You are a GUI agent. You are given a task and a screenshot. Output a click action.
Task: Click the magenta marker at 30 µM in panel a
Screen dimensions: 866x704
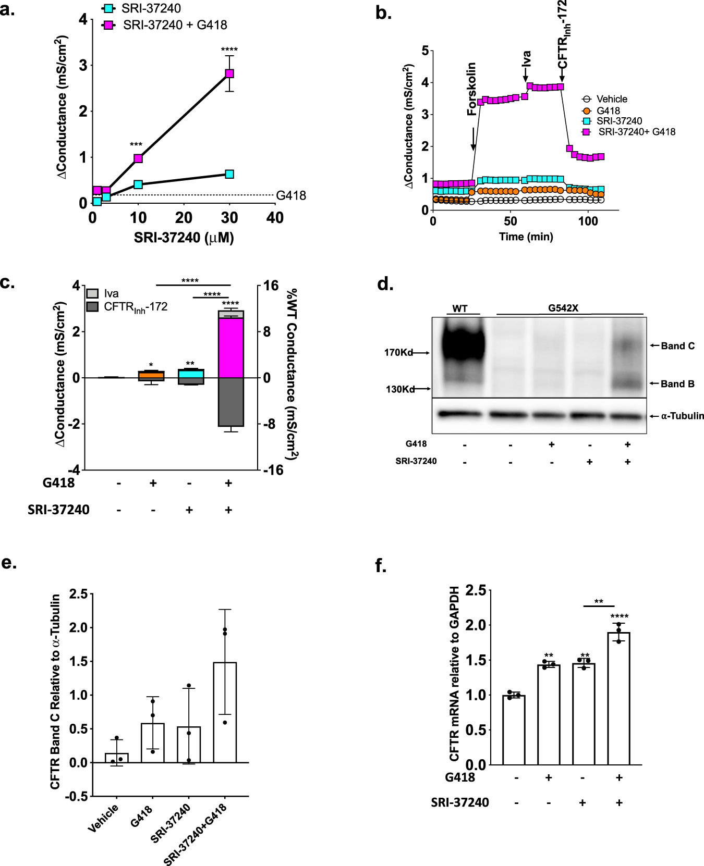[229, 73]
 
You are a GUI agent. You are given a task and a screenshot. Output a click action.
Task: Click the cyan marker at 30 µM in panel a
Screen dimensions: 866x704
[229, 174]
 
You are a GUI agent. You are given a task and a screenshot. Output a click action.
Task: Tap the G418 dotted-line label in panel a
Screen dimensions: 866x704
[291, 195]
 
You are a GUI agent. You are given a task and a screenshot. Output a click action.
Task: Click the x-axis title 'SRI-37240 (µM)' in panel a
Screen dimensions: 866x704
[184, 238]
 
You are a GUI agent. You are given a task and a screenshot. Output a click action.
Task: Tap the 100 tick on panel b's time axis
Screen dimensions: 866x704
[588, 221]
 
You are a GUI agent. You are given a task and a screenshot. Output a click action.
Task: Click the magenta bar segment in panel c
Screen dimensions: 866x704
[231, 348]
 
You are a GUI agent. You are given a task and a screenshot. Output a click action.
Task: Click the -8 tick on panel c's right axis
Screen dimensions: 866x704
[270, 424]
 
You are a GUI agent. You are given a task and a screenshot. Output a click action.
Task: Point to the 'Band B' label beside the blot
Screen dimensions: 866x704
[677, 384]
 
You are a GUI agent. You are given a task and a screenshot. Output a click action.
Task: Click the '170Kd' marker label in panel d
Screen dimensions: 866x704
[398, 353]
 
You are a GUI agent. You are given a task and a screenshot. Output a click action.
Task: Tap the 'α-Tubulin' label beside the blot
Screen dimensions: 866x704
[682, 416]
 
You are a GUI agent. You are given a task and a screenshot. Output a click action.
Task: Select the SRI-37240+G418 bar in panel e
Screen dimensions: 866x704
[225, 712]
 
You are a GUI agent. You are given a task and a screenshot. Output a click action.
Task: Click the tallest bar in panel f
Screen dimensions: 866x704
[618, 698]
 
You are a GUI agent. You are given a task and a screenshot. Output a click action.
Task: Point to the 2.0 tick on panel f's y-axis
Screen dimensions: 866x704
[475, 625]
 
